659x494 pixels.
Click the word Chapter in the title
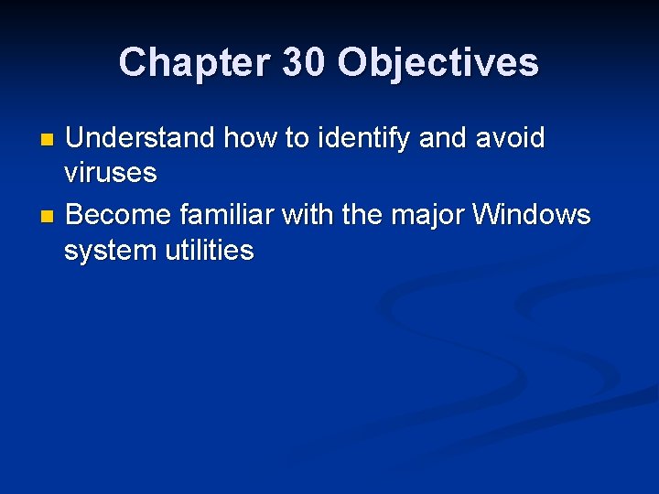(190, 63)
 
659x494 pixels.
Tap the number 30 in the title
(298, 63)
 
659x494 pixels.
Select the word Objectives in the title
(438, 63)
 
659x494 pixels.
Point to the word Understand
(141, 139)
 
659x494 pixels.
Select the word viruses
(111, 173)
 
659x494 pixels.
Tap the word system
(106, 250)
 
